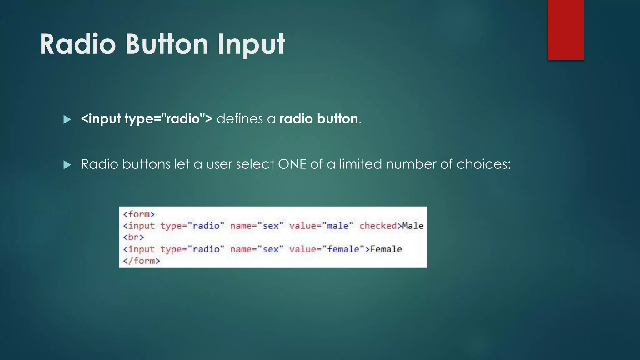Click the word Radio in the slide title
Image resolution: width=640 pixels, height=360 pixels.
[x=78, y=44]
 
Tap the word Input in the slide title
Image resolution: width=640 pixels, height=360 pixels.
[x=251, y=44]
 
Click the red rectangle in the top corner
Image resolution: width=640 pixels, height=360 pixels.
[x=566, y=30]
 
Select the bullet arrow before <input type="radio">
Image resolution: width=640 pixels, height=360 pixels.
[x=67, y=119]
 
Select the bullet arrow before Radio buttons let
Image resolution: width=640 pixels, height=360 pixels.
[x=67, y=165]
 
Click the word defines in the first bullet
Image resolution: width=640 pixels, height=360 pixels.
[x=240, y=119]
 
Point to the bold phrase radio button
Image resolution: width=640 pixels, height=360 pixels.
[x=318, y=119]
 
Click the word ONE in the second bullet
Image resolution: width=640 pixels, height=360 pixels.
[x=292, y=164]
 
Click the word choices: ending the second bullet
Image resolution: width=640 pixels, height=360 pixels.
[x=483, y=164]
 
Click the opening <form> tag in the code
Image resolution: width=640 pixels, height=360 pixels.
[x=139, y=214]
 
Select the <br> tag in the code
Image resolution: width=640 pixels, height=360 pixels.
[x=133, y=237]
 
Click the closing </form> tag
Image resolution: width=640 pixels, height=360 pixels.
[x=141, y=261]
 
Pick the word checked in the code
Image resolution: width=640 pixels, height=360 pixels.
[x=378, y=226]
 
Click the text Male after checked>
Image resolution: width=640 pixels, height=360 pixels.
[x=412, y=226]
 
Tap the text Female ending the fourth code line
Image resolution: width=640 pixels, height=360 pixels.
[x=386, y=249]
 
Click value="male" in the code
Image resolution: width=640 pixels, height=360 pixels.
[x=321, y=226]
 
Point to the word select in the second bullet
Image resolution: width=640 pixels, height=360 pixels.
[x=255, y=164]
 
